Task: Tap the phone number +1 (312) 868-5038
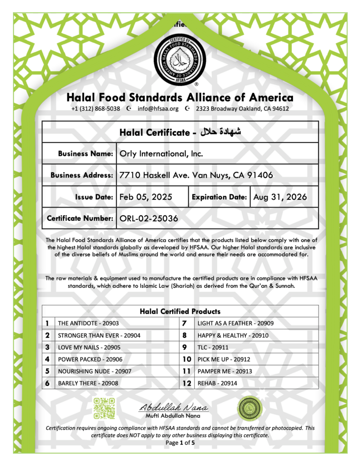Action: (x=96, y=109)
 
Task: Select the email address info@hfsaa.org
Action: (x=158, y=109)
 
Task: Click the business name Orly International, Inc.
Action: (x=161, y=154)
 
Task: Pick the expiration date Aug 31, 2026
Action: (x=280, y=197)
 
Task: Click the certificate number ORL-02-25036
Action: (x=148, y=218)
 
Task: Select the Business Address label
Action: (x=82, y=175)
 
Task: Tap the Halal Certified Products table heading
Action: (x=180, y=311)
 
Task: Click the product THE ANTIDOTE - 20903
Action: (x=88, y=323)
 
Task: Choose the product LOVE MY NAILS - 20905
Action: (x=88, y=347)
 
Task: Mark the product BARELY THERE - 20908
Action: (x=88, y=384)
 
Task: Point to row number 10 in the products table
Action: (x=187, y=360)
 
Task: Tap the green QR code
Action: (x=104, y=407)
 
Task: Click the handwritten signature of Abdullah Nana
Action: (x=173, y=407)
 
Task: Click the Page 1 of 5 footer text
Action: (x=180, y=443)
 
